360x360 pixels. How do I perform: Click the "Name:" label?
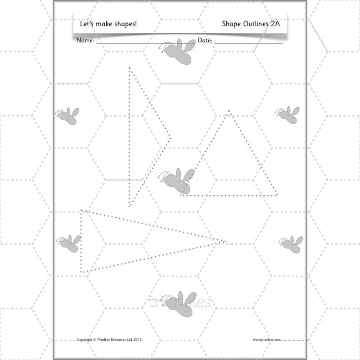(85, 40)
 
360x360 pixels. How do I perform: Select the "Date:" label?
(205, 40)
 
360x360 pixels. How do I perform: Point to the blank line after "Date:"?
(248, 43)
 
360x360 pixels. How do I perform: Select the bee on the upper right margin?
(288, 115)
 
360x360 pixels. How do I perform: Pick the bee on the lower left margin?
(70, 243)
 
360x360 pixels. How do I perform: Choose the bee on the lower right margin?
(291, 244)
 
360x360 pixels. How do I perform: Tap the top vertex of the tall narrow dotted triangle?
(129, 68)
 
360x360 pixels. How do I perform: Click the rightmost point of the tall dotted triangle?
(170, 139)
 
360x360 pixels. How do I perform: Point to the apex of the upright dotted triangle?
(229, 111)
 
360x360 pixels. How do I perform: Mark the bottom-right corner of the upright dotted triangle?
(277, 195)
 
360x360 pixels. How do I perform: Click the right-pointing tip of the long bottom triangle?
(224, 242)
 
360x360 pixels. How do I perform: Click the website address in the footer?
(266, 340)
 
